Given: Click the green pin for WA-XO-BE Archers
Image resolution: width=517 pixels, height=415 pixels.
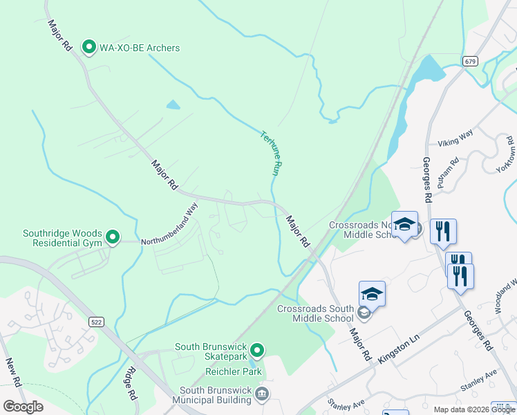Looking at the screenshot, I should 88,47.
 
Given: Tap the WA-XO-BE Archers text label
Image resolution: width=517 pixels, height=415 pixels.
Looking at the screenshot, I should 139,48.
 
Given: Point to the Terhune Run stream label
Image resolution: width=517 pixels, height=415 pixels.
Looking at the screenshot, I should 271,153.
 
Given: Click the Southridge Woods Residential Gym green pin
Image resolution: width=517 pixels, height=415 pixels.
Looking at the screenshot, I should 113,239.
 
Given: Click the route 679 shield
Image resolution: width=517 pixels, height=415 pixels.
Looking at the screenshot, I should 470,62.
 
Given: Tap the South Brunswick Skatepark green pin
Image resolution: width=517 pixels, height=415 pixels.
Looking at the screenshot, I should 257,351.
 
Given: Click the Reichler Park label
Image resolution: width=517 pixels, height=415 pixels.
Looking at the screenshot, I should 234,371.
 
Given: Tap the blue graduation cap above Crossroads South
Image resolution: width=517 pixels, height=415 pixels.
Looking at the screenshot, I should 372,294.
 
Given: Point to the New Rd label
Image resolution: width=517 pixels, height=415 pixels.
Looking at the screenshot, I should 12,371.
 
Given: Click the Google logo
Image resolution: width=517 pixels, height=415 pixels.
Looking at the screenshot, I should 23,406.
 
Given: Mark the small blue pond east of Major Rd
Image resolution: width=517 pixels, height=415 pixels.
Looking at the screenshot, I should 173,105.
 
